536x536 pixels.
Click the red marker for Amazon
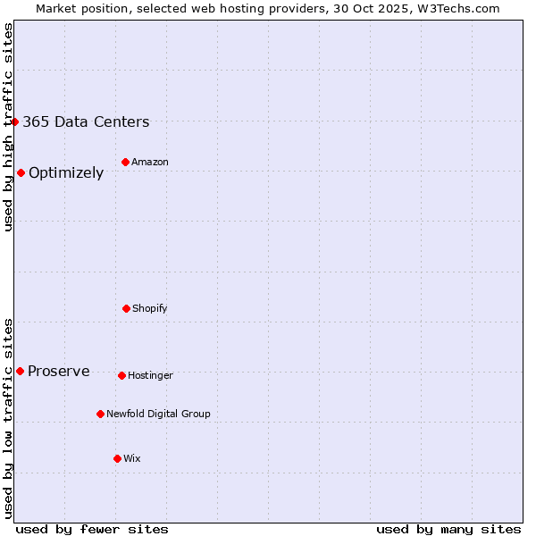click(125, 162)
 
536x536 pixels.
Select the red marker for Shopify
click(126, 308)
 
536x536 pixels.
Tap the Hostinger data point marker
click(121, 375)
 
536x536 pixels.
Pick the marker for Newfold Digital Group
click(100, 414)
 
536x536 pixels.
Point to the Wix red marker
click(117, 458)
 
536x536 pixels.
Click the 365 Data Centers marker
click(15, 121)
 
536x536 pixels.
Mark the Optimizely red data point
click(21, 172)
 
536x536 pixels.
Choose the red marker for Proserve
click(20, 371)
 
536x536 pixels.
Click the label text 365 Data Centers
click(86, 122)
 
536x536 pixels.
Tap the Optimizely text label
click(66, 173)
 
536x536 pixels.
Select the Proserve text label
click(59, 372)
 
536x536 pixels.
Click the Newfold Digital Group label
click(158, 414)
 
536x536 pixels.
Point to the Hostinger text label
click(150, 375)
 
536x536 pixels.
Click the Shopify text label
click(149, 308)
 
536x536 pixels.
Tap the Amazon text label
click(149, 162)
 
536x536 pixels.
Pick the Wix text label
click(131, 458)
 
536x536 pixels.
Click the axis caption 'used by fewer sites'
click(92, 529)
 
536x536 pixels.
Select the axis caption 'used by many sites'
click(448, 529)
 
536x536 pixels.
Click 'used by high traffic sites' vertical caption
click(8, 127)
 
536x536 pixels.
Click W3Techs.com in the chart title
click(456, 8)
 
